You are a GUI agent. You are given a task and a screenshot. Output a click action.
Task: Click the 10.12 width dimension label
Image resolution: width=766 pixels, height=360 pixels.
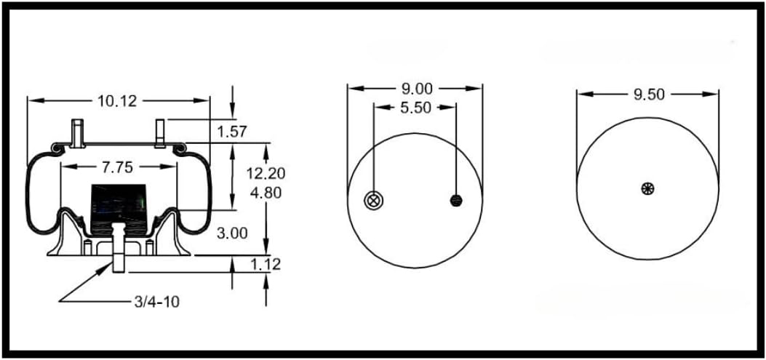(118, 100)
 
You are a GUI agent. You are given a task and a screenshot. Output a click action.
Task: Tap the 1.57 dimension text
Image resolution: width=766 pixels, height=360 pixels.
(233, 132)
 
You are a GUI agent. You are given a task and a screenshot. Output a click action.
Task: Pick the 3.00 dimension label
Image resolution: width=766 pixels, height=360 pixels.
(233, 233)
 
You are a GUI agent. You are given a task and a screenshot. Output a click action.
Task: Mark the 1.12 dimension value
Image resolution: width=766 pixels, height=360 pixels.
(266, 264)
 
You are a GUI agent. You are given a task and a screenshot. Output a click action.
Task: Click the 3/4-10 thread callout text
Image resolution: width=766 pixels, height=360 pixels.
(156, 300)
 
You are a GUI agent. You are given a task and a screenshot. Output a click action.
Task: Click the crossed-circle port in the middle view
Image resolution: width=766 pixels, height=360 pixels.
(374, 201)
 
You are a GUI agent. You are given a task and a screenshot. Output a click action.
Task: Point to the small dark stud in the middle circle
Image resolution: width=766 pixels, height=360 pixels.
(457, 200)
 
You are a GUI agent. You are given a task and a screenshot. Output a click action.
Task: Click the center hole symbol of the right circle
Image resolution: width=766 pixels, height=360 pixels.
(647, 188)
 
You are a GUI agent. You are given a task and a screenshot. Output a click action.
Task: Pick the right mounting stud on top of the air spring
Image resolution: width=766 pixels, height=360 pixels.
(161, 132)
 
